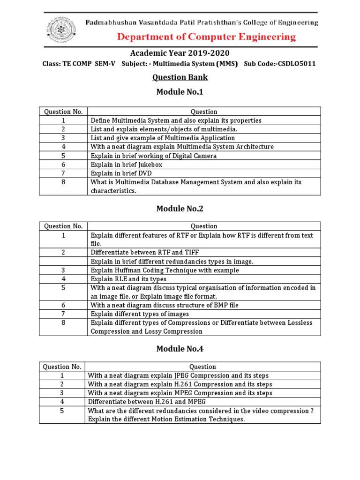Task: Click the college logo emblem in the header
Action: click(59, 30)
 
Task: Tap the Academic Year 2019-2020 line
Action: click(180, 53)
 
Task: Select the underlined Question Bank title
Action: click(180, 77)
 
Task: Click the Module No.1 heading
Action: click(180, 92)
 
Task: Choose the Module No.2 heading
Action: click(180, 209)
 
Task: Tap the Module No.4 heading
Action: click(180, 349)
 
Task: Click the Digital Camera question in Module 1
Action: click(153, 156)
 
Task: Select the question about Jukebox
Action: click(126, 165)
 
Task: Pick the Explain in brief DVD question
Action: click(121, 173)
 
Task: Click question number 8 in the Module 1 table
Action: click(63, 182)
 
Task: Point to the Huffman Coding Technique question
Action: click(165, 270)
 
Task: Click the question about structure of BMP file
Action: click(165, 305)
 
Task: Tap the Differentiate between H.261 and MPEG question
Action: click(146, 402)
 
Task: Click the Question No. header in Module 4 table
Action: click(62, 367)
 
